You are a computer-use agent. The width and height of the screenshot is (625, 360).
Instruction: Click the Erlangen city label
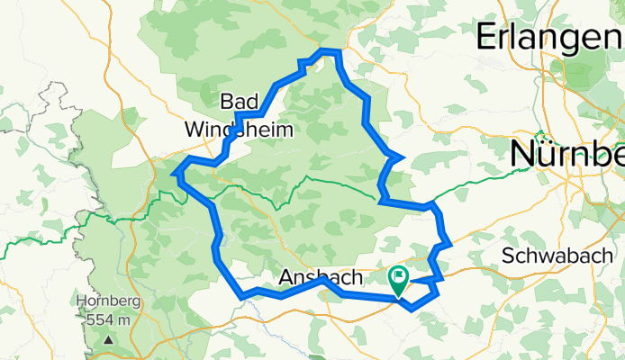(x=548, y=38)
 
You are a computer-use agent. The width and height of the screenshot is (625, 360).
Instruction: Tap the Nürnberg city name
(x=567, y=154)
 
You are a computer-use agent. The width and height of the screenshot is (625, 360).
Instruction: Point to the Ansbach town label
(x=321, y=276)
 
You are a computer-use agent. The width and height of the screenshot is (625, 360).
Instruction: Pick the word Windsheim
(x=239, y=130)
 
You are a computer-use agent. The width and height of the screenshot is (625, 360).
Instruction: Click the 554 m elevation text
(x=108, y=319)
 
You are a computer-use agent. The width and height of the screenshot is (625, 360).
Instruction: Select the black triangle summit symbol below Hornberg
(x=107, y=339)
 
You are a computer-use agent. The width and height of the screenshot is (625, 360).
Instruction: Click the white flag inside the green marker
(x=398, y=276)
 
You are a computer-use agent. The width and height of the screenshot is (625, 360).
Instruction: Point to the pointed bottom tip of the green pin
(x=398, y=296)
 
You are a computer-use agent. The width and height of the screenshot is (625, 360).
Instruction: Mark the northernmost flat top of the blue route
(x=331, y=52)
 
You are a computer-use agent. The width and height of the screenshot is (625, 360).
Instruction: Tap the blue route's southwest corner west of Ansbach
(x=242, y=295)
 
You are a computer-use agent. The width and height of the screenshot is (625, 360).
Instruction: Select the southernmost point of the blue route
(x=412, y=310)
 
